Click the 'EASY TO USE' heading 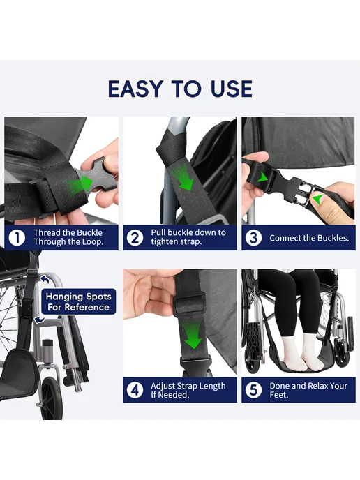(x=180, y=89)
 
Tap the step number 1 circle (x=17, y=237)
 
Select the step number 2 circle (x=135, y=237)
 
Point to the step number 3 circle (x=253, y=237)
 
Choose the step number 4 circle (x=135, y=390)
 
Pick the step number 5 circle (x=253, y=390)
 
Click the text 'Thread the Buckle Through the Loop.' (x=68, y=237)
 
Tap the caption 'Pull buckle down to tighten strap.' (x=188, y=237)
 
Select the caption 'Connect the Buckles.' (x=309, y=238)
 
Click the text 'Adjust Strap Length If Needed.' (x=188, y=390)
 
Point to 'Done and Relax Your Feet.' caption (x=308, y=390)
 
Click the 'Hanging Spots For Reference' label (x=79, y=301)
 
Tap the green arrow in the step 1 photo (x=80, y=184)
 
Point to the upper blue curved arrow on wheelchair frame (x=45, y=279)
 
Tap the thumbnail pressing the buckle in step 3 (x=317, y=200)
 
